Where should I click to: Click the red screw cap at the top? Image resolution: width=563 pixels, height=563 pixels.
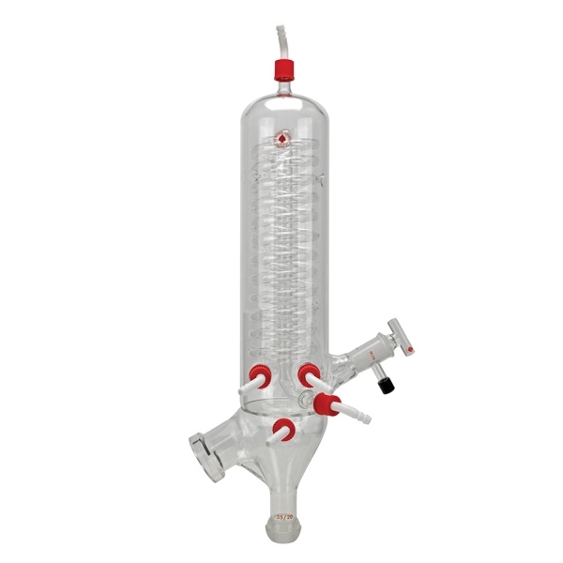(x=283, y=68)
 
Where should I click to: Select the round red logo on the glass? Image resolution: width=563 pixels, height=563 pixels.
(x=281, y=141)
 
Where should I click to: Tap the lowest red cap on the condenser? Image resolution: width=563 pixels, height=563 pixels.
(x=284, y=430)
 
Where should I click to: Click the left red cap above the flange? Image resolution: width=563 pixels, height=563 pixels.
(x=259, y=374)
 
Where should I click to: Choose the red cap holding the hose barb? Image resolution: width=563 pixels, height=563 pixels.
(x=327, y=403)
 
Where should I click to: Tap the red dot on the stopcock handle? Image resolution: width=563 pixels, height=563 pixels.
(x=411, y=350)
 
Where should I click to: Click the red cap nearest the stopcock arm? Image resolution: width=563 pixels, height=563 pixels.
(x=307, y=375)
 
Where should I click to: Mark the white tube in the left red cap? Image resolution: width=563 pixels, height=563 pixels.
(x=248, y=384)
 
